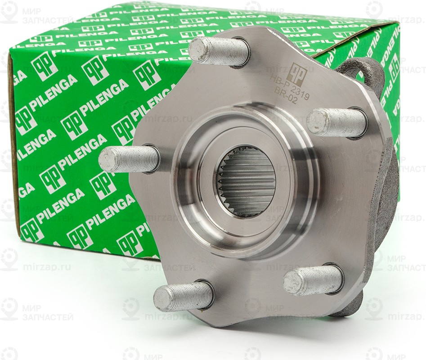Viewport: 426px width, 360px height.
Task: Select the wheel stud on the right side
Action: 336,122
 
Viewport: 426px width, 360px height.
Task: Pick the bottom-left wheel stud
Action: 184,297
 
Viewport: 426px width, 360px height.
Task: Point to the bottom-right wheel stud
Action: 313,279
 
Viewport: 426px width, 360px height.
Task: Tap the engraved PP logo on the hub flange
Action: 296,72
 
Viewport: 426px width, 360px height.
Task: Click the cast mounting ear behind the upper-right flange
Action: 364,72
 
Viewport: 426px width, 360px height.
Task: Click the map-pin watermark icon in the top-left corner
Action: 9,12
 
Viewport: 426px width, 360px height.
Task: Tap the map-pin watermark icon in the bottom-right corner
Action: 374,309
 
